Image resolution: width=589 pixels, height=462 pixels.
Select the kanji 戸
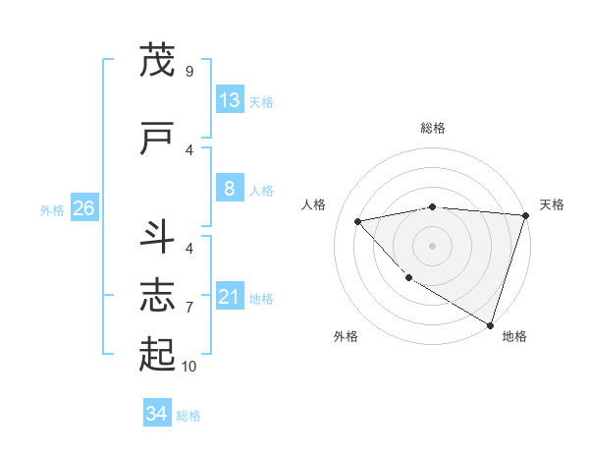tap(157, 140)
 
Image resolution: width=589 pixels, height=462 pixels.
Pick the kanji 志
tap(157, 296)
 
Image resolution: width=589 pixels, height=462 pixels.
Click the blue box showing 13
tap(230, 100)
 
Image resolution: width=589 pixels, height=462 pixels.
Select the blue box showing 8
tap(230, 189)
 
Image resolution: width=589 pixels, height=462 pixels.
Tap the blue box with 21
tap(230, 297)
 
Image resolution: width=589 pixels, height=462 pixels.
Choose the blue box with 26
tap(83, 208)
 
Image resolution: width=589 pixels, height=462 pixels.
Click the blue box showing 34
tap(156, 414)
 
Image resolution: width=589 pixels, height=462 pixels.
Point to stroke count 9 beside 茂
tap(188, 71)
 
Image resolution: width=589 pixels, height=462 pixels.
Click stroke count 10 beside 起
tap(188, 367)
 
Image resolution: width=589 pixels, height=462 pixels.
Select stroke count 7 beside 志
tap(188, 307)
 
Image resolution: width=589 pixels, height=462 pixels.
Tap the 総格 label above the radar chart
tap(433, 128)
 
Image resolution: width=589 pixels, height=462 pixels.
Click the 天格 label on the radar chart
tap(552, 204)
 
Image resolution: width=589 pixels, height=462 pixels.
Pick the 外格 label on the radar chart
tap(345, 337)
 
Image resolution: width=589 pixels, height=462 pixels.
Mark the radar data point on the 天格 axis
tap(524, 215)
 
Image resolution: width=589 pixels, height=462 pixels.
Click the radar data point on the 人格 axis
tap(358, 221)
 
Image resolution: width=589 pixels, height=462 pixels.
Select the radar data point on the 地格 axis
tap(489, 323)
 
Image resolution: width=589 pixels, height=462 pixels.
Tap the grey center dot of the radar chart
tap(432, 245)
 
